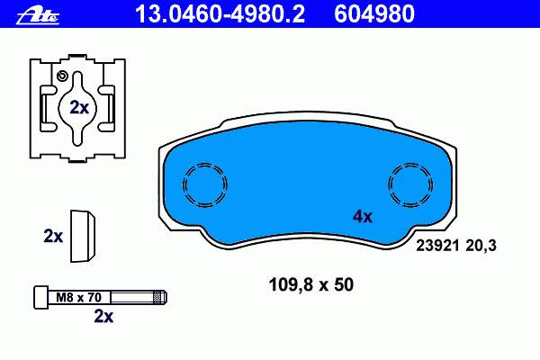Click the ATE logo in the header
point(38,16)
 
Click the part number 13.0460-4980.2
point(220,14)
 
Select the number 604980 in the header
point(374,14)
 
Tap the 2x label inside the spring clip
point(79,108)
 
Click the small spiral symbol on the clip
point(62,76)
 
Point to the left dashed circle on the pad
point(204,185)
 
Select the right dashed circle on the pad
point(410,185)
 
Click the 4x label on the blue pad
point(363,217)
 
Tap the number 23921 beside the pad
point(437,246)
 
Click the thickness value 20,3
point(481,246)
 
